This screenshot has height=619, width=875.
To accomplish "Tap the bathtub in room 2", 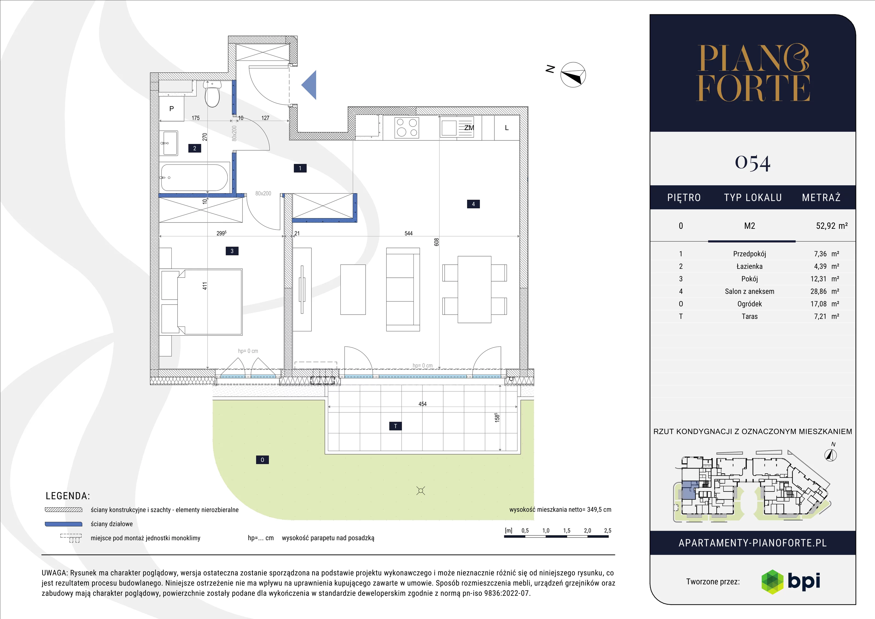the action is (194, 177).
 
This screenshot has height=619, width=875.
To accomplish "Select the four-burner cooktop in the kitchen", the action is (407, 128).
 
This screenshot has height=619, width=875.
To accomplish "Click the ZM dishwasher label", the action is (469, 128).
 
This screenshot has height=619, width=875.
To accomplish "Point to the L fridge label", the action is (506, 128).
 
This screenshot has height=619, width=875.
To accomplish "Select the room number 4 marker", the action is (473, 204).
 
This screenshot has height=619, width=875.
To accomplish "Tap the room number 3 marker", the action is (232, 251).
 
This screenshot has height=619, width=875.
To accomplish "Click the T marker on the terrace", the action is (396, 426).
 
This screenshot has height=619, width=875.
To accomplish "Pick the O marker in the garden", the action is (262, 460).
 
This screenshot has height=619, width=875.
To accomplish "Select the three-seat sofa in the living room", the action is (403, 290).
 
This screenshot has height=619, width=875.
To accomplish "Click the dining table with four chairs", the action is (474, 290).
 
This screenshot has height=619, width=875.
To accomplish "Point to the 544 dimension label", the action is (409, 233).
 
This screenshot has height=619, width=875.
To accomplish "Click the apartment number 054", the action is (753, 163).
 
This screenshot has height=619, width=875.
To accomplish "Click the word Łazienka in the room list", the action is (749, 266).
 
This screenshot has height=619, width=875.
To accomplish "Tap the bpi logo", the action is (791, 582).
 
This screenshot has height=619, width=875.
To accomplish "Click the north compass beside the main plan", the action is (573, 75).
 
